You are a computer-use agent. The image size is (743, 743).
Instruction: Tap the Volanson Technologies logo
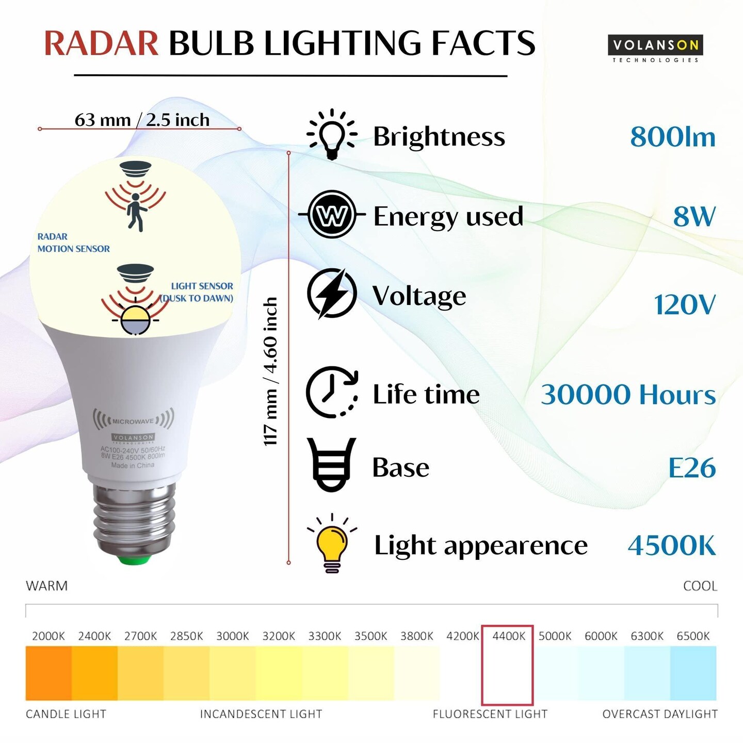tap(655, 49)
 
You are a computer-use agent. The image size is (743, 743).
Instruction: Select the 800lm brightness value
tap(673, 137)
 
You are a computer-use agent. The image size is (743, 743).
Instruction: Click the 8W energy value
tap(694, 216)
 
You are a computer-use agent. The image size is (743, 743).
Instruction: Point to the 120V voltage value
tap(685, 304)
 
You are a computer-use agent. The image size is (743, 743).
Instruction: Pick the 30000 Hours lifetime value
tap(628, 394)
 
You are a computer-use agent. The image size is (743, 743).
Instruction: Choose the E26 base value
tap(692, 467)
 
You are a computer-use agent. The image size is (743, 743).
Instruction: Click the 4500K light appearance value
tap(672, 545)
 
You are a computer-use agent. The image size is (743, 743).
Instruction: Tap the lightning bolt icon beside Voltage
tap(332, 294)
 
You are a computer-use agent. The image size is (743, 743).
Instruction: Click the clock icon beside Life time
tap(332, 393)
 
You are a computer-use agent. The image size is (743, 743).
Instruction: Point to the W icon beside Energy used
tap(332, 214)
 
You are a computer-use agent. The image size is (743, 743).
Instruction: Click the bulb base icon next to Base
tap(331, 465)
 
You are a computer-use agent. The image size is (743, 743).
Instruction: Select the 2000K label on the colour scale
tap(49, 636)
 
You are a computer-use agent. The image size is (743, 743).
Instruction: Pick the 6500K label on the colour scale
tap(693, 636)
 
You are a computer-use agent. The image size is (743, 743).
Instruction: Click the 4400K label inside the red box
tap(509, 636)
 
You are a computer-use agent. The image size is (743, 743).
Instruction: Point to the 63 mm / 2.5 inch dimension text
tap(142, 120)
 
